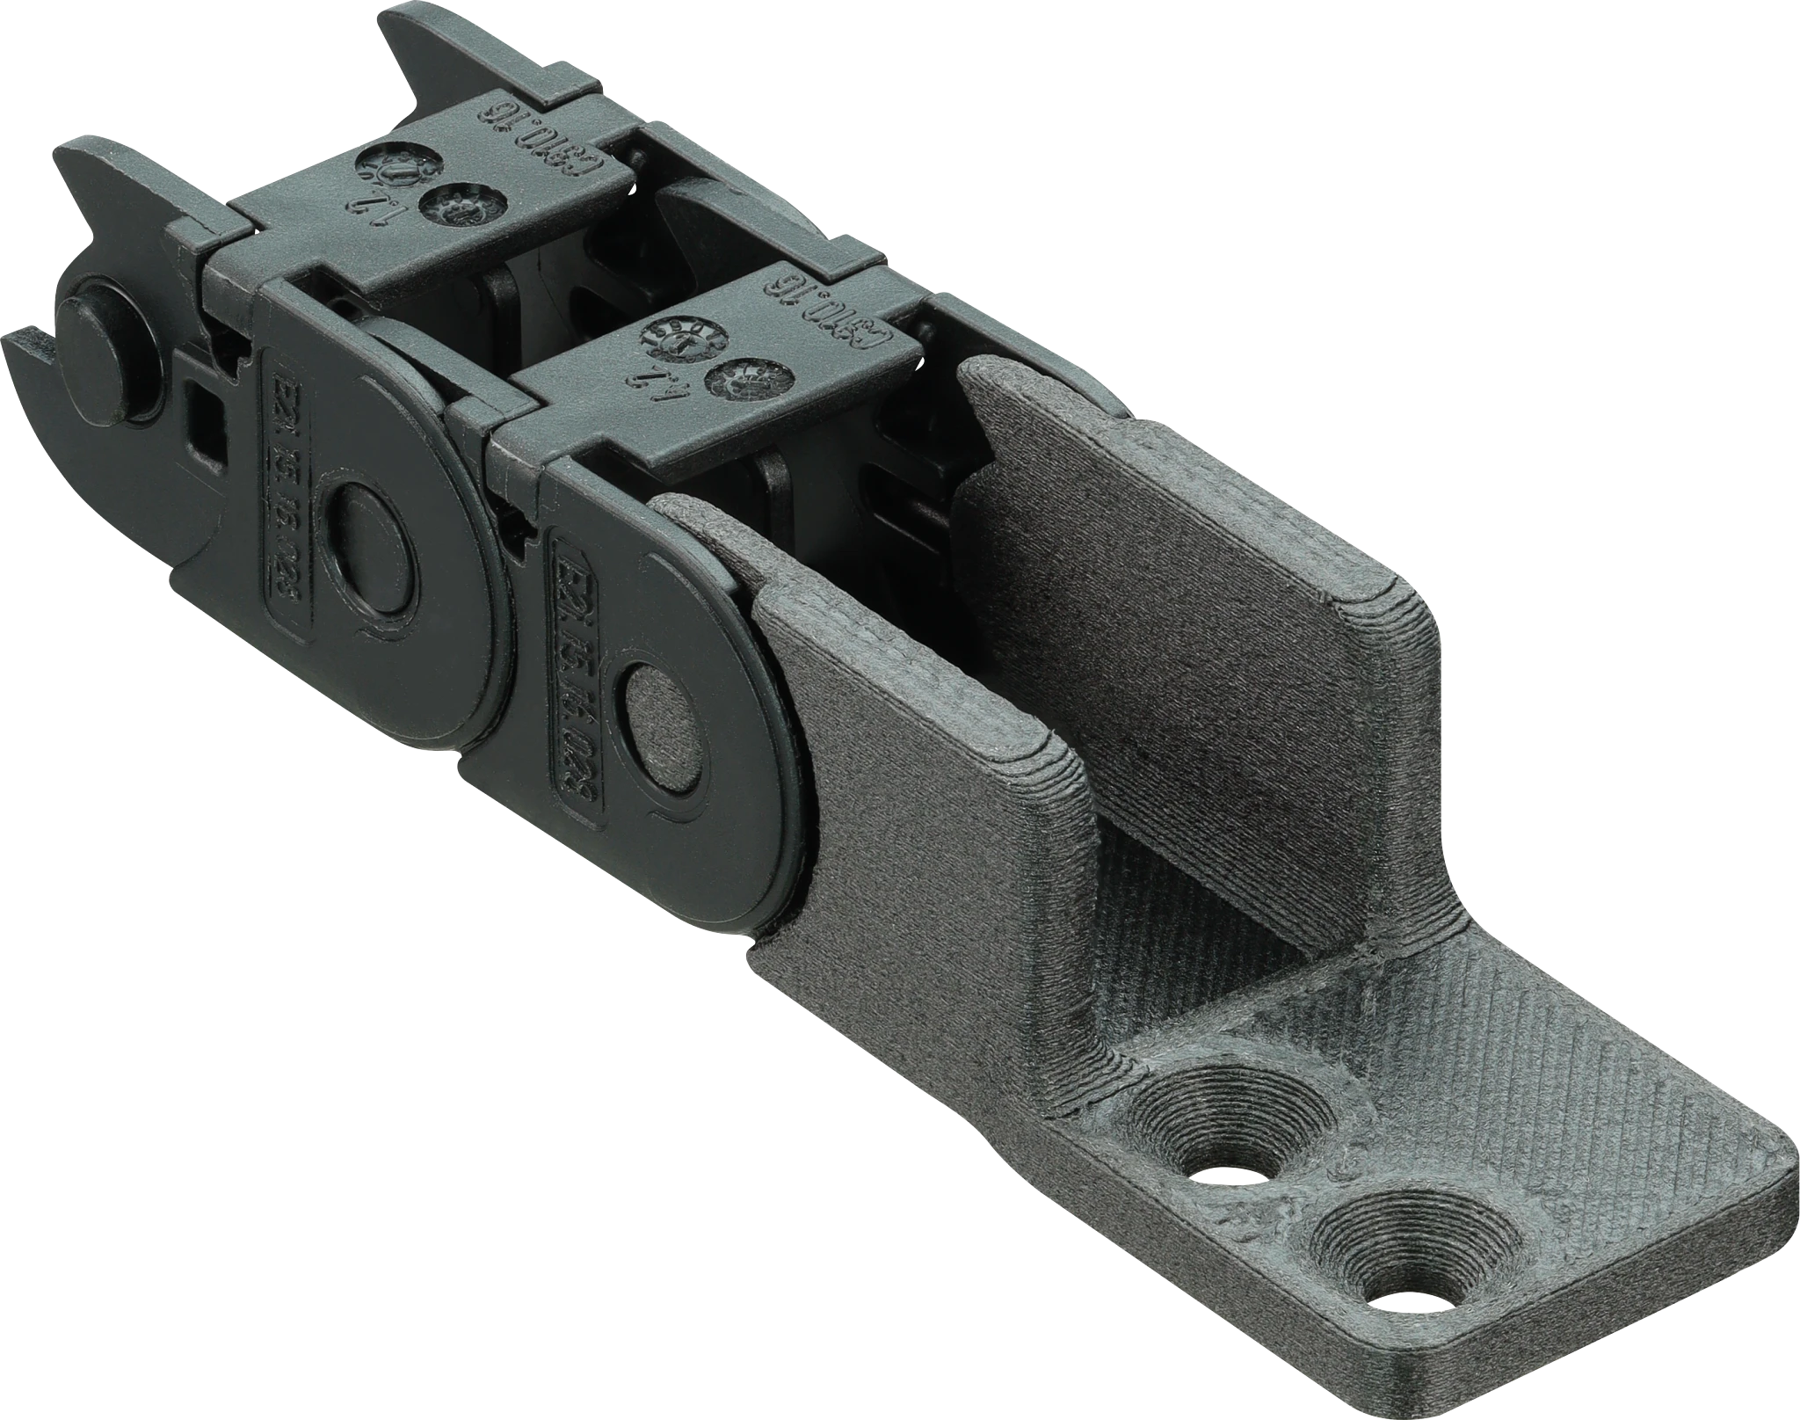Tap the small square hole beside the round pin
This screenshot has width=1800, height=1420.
point(200,421)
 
